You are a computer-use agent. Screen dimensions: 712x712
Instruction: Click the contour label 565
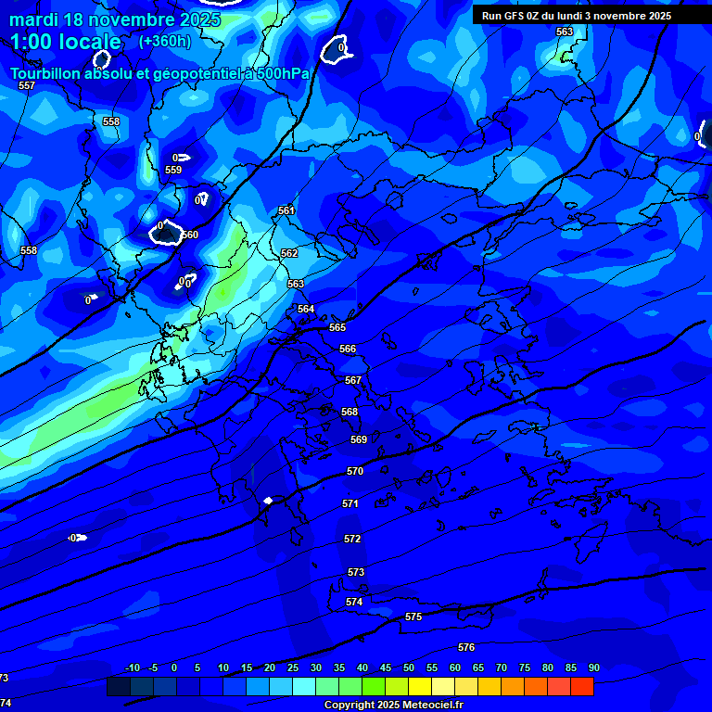[x=337, y=327]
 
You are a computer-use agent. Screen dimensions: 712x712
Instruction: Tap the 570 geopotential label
[x=355, y=471]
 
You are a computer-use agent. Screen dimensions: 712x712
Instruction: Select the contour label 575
[x=413, y=617]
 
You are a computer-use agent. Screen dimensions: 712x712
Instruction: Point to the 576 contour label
[x=466, y=647]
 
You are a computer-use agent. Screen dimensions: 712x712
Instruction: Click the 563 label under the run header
[x=564, y=32]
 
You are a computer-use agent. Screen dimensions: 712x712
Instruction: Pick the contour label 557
[x=27, y=85]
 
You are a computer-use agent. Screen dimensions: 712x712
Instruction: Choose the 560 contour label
[x=190, y=235]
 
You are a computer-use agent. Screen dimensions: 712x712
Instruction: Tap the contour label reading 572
[x=352, y=539]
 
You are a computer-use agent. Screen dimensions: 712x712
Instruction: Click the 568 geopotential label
[x=350, y=412]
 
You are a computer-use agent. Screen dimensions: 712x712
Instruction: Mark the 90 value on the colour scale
[x=593, y=667]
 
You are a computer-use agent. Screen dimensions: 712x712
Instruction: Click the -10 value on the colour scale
[x=132, y=667]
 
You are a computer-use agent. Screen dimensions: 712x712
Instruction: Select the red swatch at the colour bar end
[x=582, y=686]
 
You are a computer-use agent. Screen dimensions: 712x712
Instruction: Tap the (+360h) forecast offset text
[x=165, y=41]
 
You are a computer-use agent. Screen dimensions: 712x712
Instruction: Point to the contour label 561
[x=286, y=210]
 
